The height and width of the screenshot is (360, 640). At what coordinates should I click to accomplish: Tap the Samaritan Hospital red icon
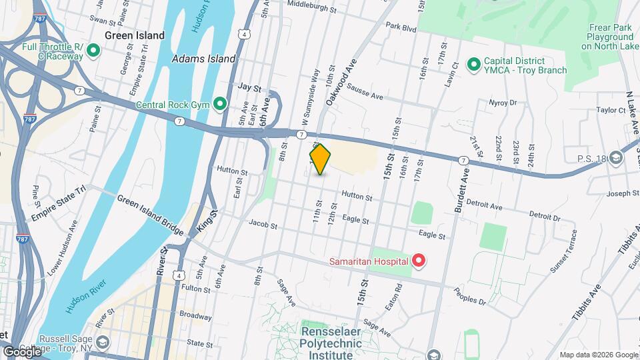(x=418, y=261)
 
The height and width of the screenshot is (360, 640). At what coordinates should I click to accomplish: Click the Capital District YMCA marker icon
(x=473, y=64)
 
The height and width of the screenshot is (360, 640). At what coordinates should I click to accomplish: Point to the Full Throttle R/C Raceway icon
(x=93, y=51)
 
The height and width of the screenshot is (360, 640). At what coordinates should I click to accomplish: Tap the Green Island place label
(x=134, y=35)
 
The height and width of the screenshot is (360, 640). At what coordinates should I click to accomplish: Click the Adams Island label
(x=203, y=59)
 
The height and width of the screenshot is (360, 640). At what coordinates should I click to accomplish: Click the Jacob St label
(x=262, y=226)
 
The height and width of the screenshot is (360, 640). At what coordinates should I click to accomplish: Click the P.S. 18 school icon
(x=616, y=159)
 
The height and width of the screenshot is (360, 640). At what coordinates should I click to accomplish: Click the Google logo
(x=22, y=351)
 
